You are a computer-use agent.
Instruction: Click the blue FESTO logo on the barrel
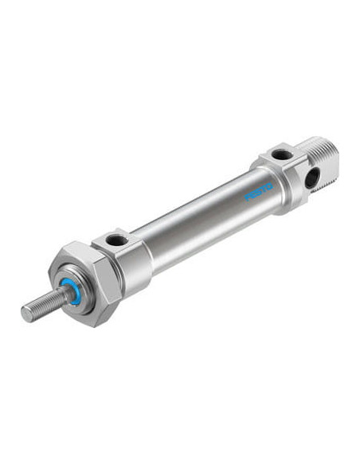click(258, 192)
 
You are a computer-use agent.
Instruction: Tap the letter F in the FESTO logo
click(247, 197)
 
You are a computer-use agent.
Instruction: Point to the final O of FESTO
click(269, 187)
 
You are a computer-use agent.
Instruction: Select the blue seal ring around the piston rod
click(72, 291)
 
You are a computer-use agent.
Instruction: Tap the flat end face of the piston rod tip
click(27, 314)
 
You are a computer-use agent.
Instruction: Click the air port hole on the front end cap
click(116, 240)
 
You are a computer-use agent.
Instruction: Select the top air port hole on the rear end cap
click(282, 154)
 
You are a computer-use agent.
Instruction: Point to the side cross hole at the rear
click(312, 178)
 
